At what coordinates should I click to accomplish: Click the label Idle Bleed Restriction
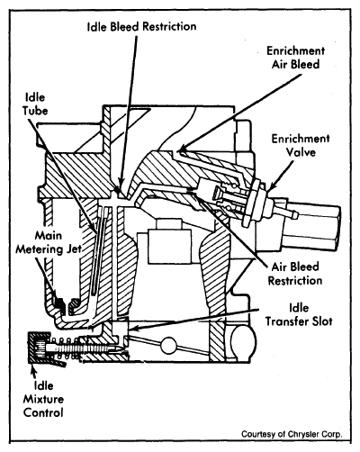pos(141,26)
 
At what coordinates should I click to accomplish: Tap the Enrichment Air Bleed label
pos(296,58)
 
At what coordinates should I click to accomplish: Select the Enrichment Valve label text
pos(301,146)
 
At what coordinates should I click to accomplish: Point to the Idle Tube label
pos(35,104)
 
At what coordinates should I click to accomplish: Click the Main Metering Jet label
pos(49,242)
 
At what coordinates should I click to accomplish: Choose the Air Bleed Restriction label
pos(295,274)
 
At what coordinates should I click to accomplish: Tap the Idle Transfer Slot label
pos(299,314)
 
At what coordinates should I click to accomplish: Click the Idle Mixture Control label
pos(43,399)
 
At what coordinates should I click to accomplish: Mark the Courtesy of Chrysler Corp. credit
pos(292,434)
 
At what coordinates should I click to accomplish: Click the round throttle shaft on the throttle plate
pos(168,345)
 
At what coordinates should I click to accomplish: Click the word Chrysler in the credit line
pos(304,434)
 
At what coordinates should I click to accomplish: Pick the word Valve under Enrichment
pos(301,152)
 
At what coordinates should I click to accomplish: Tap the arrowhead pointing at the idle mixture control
pos(33,368)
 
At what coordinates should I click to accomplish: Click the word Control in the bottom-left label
pos(43,412)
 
